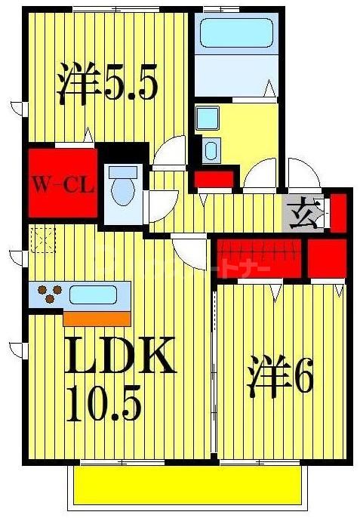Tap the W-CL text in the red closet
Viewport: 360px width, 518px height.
tap(63, 183)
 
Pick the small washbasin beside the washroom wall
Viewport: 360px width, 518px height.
tap(211, 152)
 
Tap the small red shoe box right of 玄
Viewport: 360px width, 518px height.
tap(338, 211)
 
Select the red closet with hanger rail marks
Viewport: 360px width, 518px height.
tap(260, 256)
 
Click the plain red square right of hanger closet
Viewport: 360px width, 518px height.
tap(327, 257)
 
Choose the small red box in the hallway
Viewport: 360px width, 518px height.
tap(214, 180)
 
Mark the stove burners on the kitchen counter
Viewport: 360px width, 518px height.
tap(49, 294)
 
